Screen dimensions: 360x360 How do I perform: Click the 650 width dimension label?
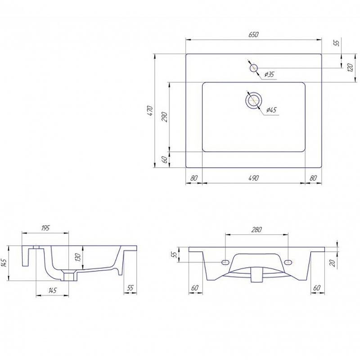coord(253,35)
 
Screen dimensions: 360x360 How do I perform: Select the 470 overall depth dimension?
coord(150,110)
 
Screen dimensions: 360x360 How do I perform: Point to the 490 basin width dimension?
coord(253,178)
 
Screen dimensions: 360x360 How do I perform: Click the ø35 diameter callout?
coord(269,74)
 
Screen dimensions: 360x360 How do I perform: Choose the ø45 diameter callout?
coord(271,110)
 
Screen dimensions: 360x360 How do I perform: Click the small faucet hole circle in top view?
coord(253,68)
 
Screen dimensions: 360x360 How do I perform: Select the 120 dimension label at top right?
coord(350,68)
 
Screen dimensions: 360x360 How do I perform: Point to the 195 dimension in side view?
coord(45,228)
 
